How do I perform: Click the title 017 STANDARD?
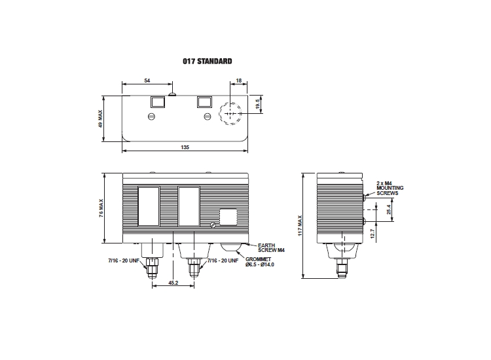click(x=208, y=61)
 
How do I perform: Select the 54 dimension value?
click(x=147, y=81)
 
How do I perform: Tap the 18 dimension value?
click(x=238, y=81)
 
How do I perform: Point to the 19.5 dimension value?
click(x=258, y=104)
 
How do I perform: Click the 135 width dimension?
click(x=185, y=147)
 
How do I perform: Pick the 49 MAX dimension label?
click(x=100, y=118)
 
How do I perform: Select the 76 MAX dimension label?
click(x=101, y=208)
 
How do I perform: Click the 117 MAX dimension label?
click(x=300, y=225)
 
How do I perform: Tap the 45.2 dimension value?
click(x=173, y=283)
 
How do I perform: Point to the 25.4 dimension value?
click(x=389, y=209)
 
